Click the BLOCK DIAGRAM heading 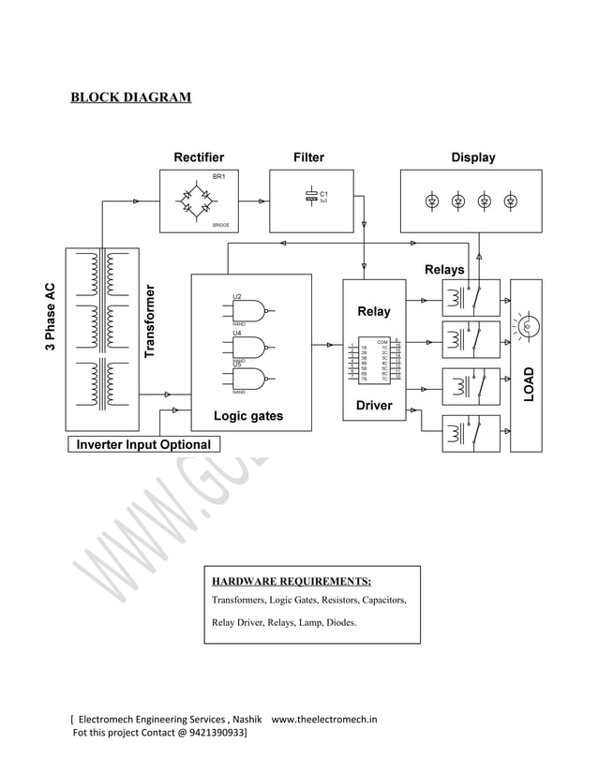(x=131, y=97)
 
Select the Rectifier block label (x=199, y=157)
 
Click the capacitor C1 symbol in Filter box (x=311, y=196)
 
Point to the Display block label (x=472, y=157)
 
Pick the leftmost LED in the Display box (x=432, y=201)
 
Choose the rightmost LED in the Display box (x=511, y=201)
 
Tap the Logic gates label (x=248, y=416)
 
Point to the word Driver (x=374, y=406)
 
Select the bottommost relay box (x=471, y=433)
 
